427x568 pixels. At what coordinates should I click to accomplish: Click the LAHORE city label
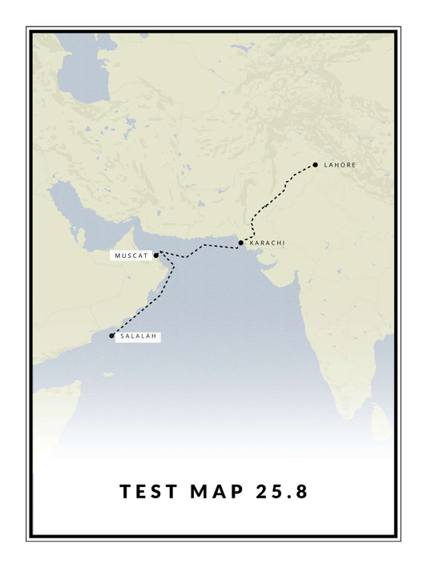[340, 165]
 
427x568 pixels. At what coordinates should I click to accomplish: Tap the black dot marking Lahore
[316, 165]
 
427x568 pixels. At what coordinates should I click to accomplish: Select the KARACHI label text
[267, 243]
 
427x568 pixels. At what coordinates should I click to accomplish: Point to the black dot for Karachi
[241, 243]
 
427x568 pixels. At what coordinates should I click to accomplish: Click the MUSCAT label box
[131, 256]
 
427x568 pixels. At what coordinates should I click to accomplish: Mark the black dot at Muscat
[156, 256]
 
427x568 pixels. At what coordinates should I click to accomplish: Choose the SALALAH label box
[139, 336]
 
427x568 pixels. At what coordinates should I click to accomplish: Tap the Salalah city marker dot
[112, 336]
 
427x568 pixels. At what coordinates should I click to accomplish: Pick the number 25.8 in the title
[281, 492]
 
